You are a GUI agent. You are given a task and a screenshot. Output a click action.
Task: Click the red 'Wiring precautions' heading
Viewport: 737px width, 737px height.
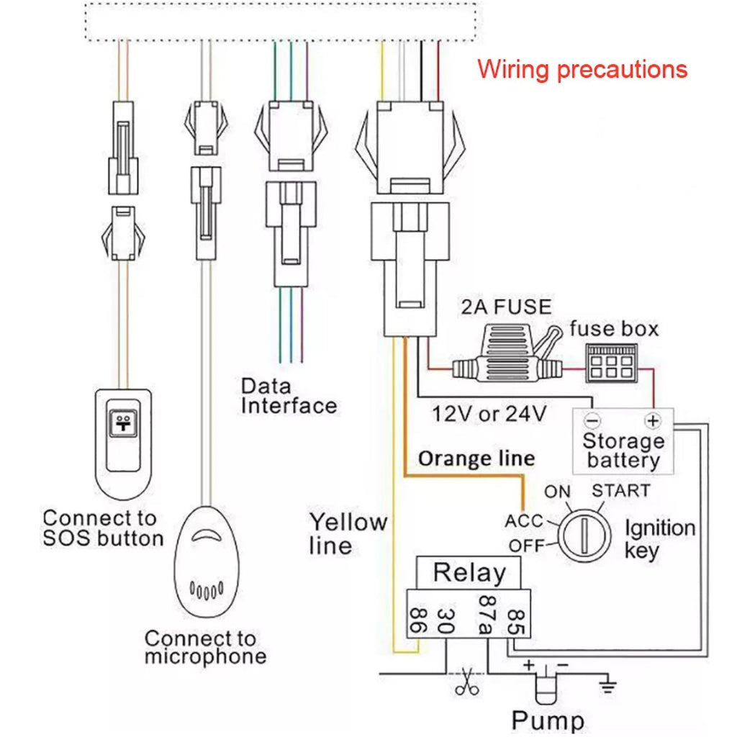pos(582,70)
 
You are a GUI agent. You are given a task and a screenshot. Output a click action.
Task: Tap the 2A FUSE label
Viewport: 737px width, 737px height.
pos(505,307)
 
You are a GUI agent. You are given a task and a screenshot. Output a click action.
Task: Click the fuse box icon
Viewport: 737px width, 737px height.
pos(610,362)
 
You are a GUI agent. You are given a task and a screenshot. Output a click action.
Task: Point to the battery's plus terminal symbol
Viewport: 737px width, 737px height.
pos(653,420)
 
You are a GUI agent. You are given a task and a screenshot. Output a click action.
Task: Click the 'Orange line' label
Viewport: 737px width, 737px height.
pos(476,458)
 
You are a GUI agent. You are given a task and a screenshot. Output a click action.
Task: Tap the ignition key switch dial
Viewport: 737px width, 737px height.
pos(584,535)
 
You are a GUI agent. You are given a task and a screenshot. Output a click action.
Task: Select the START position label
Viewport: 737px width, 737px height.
pos(620,492)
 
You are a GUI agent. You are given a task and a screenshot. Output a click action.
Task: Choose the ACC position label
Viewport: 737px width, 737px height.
pos(523,520)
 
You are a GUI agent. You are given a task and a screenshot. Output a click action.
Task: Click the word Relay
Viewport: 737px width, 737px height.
pos(469,573)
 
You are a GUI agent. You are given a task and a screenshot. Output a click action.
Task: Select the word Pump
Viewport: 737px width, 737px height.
pos(548,720)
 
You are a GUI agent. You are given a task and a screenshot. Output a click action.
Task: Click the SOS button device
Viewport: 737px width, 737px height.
pos(122,443)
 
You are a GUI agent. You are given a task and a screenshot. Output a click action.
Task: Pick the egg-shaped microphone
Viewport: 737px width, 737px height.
pos(207,561)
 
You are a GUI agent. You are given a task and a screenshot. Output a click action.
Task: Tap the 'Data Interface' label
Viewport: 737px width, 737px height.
pos(289,396)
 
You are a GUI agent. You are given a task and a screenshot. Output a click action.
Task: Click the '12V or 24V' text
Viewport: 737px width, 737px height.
pos(489,415)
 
